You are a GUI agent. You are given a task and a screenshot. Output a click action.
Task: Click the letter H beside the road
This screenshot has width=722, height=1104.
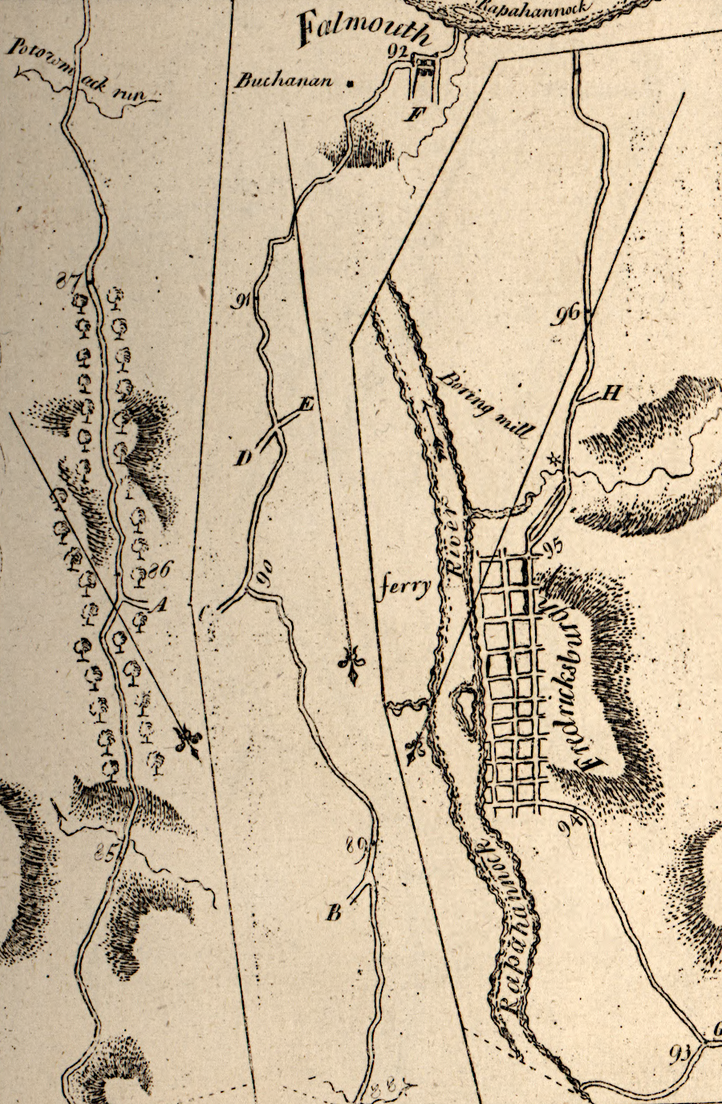(611, 392)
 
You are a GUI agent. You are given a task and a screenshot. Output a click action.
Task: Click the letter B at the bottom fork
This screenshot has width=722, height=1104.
(335, 911)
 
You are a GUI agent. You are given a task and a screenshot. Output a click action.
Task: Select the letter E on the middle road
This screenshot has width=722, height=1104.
(305, 405)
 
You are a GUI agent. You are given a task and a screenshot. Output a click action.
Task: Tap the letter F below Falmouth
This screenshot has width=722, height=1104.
(414, 113)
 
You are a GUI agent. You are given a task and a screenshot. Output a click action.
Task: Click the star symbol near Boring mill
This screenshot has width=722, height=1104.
(552, 460)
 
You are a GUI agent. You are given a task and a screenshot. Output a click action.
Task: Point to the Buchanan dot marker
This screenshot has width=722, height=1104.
(349, 82)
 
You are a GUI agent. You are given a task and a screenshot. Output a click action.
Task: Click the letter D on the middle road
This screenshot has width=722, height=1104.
(242, 458)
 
